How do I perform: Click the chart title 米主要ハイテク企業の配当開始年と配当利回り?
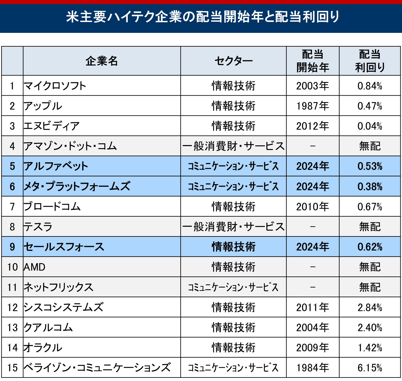click(203, 17)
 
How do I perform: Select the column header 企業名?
click(102, 61)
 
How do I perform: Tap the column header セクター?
click(233, 61)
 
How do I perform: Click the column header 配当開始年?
click(312, 61)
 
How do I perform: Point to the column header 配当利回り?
click(370, 61)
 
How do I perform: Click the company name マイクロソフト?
click(55, 86)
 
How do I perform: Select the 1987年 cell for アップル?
click(312, 106)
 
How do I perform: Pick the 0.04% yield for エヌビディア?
click(370, 126)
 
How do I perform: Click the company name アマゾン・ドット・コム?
click(70, 146)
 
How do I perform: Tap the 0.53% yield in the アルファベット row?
click(370, 166)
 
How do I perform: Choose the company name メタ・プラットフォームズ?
click(77, 186)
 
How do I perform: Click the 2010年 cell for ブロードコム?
click(312, 207)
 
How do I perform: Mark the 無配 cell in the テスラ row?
click(370, 227)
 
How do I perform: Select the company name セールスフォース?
click(64, 247)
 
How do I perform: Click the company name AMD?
click(34, 267)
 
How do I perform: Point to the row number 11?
click(12, 287)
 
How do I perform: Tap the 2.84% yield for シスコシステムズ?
click(370, 307)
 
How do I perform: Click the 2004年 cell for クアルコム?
click(312, 328)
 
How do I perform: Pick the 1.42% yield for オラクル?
click(370, 348)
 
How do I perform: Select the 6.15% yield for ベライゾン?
click(370, 368)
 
